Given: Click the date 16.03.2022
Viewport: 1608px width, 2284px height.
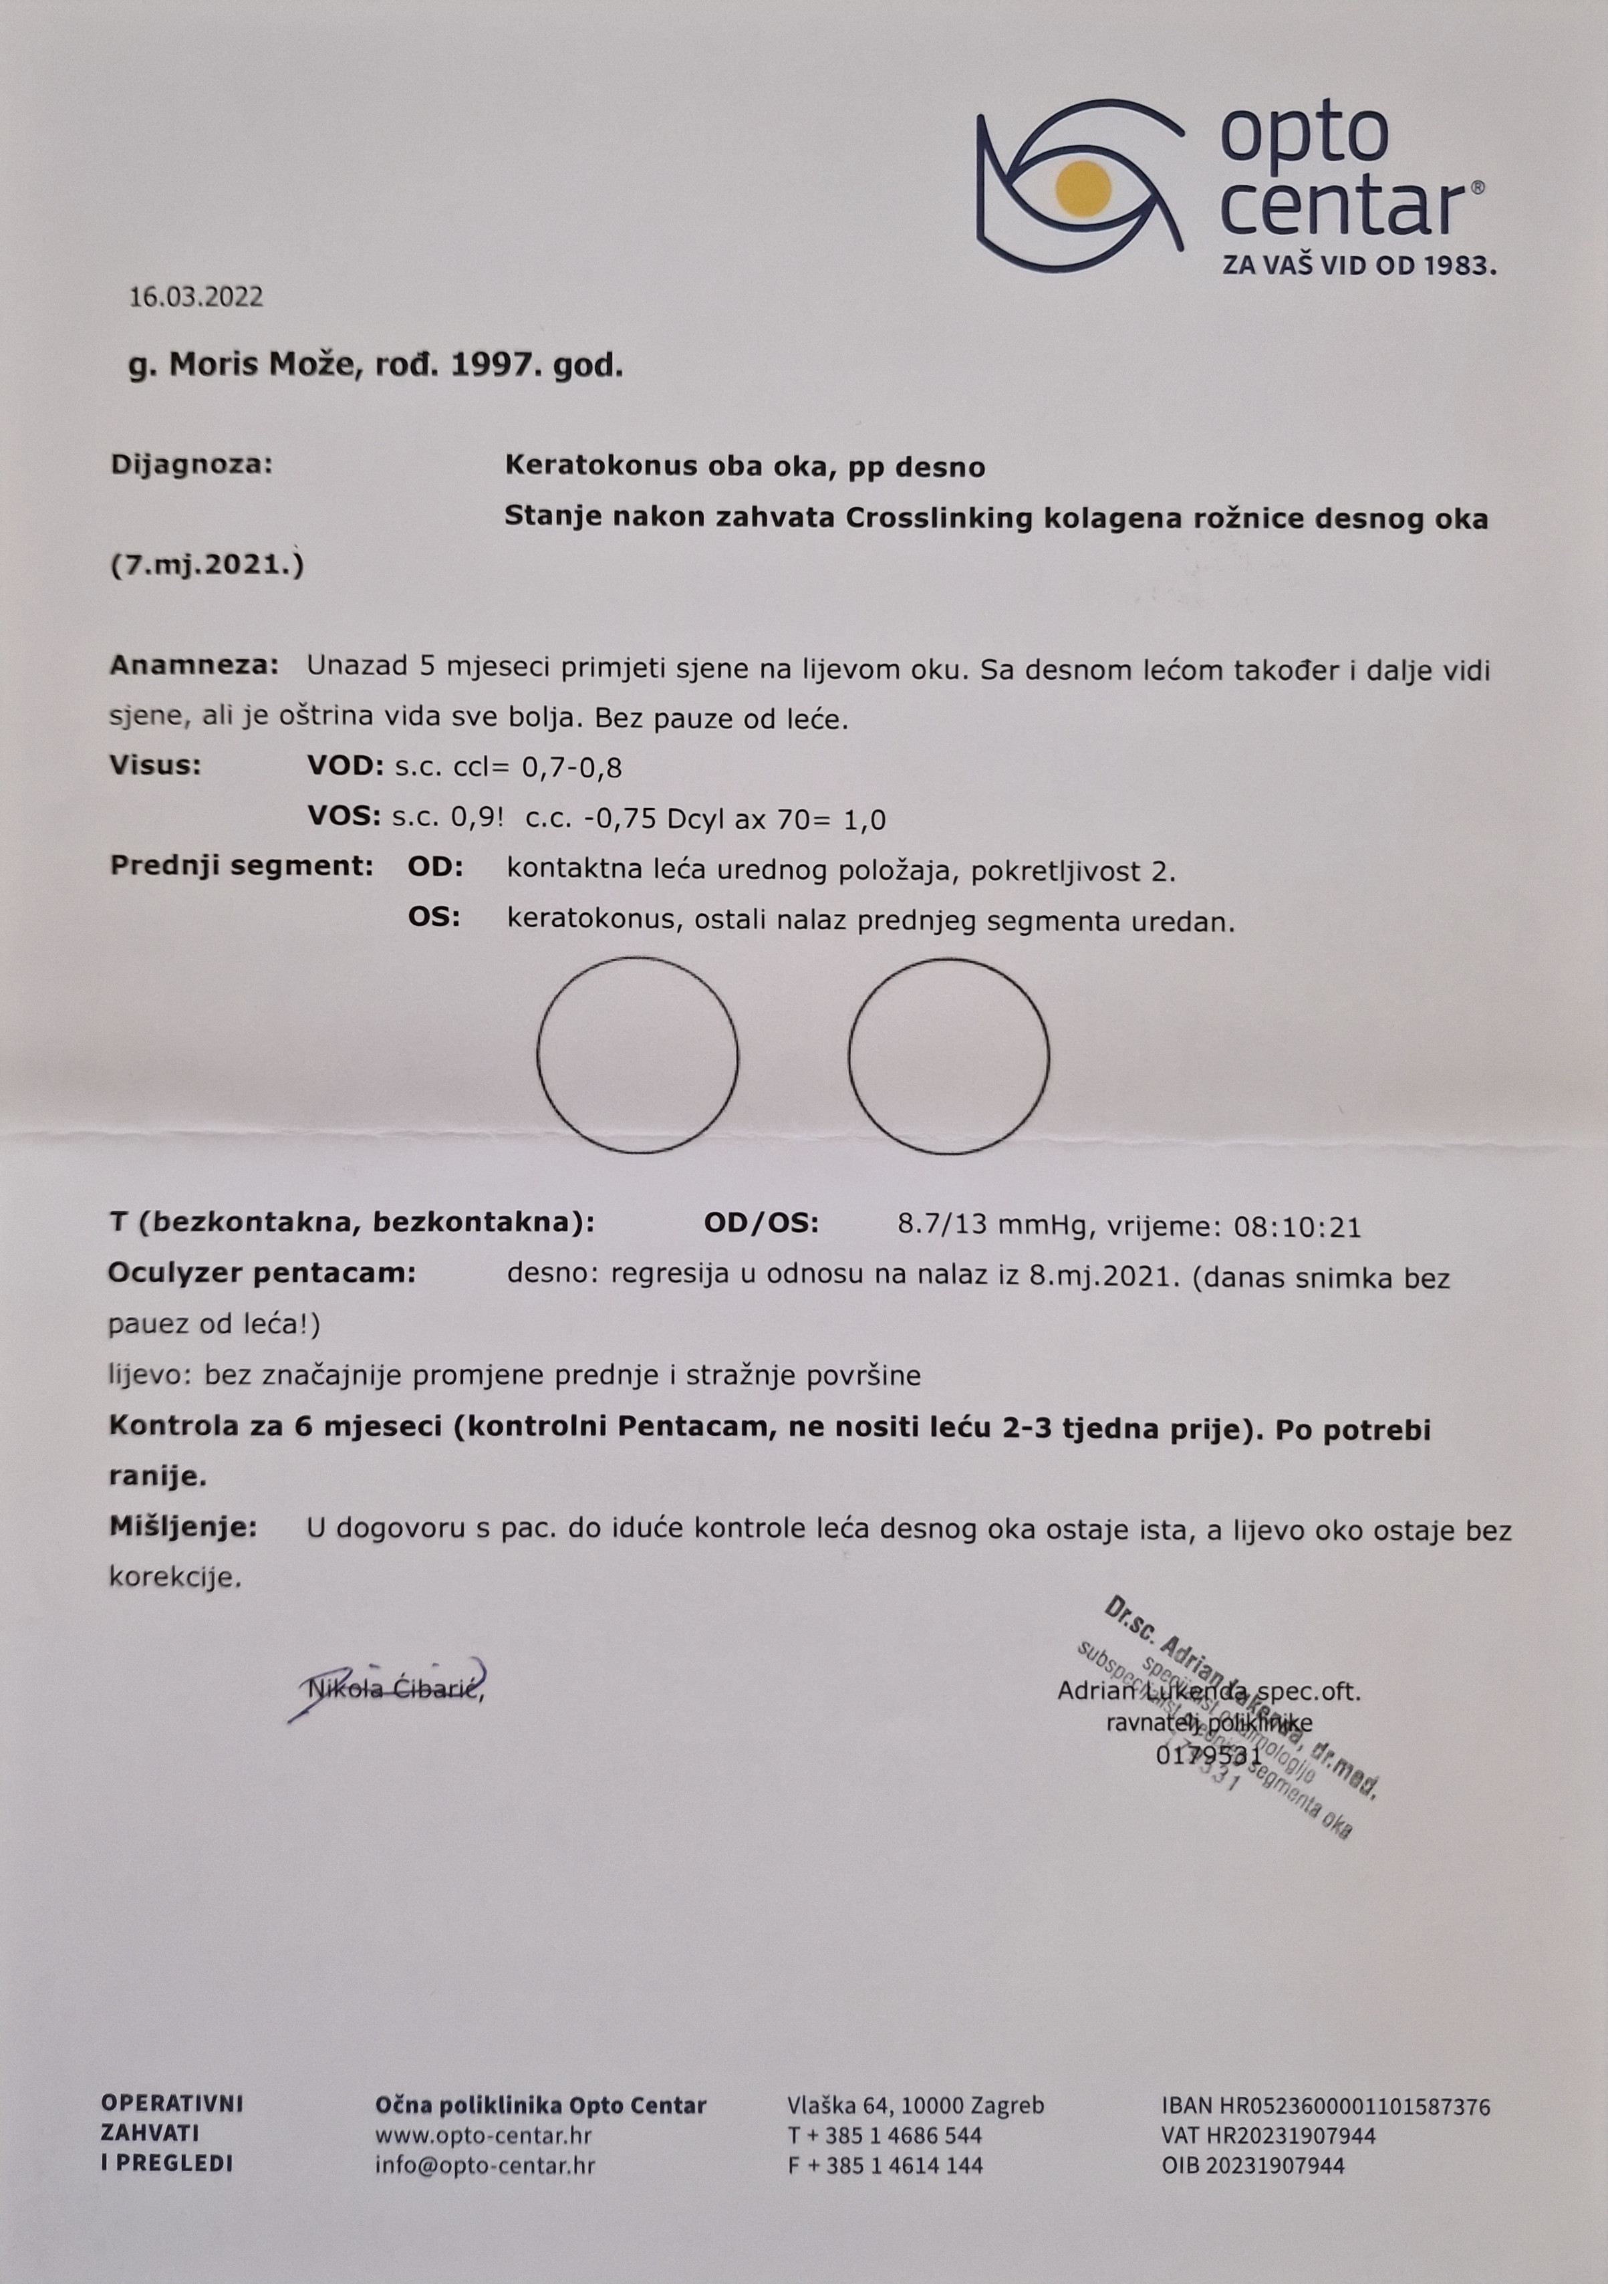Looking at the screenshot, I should [x=196, y=296].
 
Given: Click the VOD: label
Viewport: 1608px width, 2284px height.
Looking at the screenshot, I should [x=345, y=766].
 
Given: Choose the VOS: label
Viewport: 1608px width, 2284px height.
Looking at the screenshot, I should [x=345, y=817].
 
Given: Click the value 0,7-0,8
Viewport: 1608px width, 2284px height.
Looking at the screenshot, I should [x=570, y=768].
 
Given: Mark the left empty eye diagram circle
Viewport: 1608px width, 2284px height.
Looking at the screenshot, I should [x=638, y=1055].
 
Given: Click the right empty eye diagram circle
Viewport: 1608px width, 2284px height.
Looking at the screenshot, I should [x=948, y=1055].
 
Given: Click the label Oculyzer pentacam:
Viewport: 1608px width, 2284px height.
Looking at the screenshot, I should [x=261, y=1273].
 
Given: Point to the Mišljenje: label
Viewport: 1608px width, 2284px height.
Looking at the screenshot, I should [x=183, y=1527].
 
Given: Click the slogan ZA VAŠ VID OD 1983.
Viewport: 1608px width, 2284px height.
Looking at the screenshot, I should [x=1359, y=265].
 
